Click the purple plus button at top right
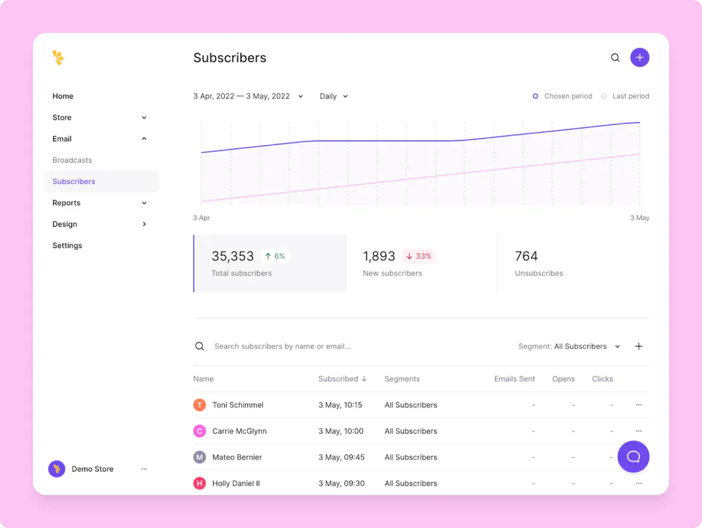coord(639,58)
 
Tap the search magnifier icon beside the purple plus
coord(615,58)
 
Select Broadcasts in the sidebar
coord(72,160)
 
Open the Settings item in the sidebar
coord(67,245)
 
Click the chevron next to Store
coord(144,117)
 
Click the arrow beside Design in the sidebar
coord(144,224)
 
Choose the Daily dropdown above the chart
coord(333,96)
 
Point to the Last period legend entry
coord(625,96)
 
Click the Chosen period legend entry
coord(563,96)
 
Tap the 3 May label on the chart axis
coord(639,218)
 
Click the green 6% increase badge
coord(275,256)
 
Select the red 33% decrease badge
coord(419,256)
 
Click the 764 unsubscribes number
coord(526,256)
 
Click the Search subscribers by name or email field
coord(282,346)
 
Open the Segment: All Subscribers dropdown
coord(569,346)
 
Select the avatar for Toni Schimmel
coord(200,405)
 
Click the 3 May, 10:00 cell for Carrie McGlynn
coord(341,431)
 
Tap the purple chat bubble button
coord(633,457)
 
